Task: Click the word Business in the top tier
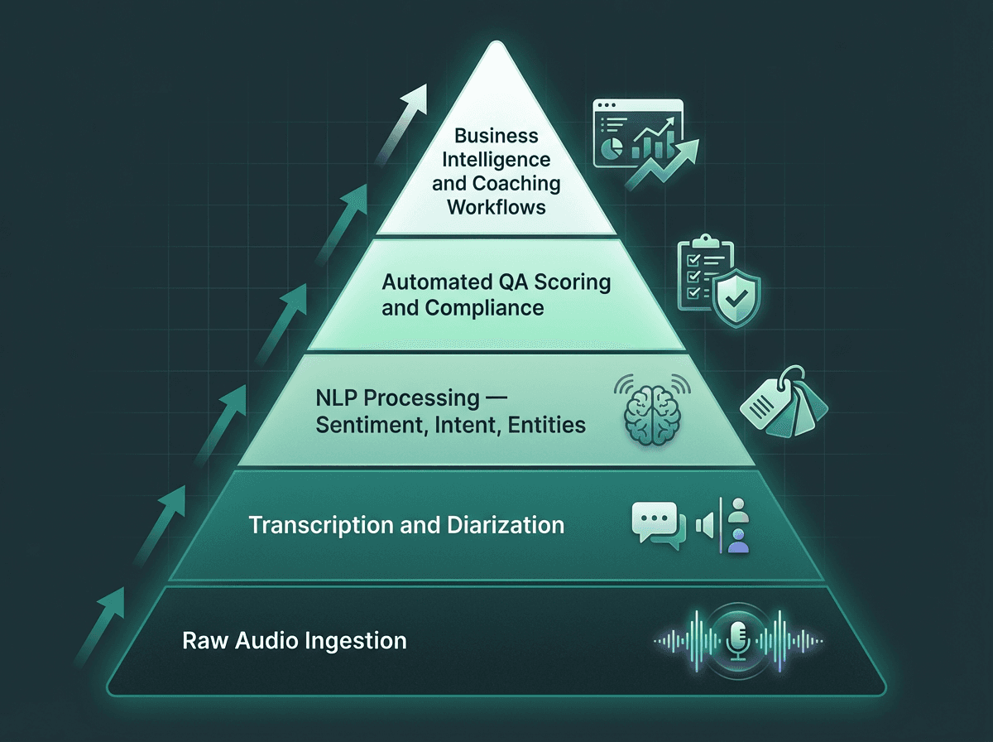tap(496, 136)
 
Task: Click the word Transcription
tap(314, 525)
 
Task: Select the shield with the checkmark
tap(735, 295)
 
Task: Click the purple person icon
tap(739, 542)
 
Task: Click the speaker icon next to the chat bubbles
tap(705, 525)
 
